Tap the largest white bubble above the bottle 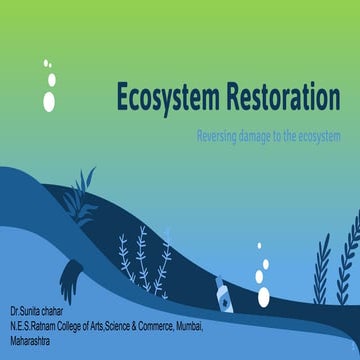(x=263, y=297)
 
